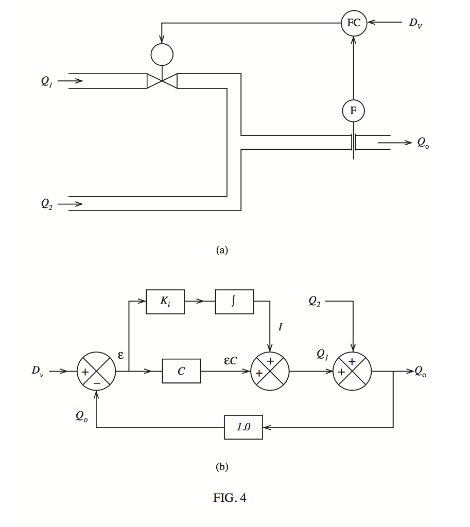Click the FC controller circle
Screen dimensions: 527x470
pos(354,23)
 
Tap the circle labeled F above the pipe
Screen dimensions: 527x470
pos(354,110)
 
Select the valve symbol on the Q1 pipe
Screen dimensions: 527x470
pos(162,81)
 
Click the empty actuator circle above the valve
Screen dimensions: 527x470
pos(162,54)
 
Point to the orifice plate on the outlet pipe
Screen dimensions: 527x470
pos(354,142)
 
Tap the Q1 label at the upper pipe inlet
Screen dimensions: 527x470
pos(47,81)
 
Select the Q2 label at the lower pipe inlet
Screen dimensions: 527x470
pos(47,204)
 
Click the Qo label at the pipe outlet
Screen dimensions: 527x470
pos(423,143)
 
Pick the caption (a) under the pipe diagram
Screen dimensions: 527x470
pos(222,250)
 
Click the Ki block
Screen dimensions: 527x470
pos(165,302)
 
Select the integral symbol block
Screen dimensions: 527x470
pos(234,302)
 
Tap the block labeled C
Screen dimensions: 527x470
pos(181,371)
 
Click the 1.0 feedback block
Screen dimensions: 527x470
pos(243,427)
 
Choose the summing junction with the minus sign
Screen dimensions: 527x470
pos(96,371)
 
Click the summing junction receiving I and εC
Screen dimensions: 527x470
pos(270,371)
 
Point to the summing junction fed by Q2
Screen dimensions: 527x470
pos(353,371)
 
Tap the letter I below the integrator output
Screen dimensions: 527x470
pos(280,326)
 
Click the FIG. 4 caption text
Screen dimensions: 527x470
pos(230,498)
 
